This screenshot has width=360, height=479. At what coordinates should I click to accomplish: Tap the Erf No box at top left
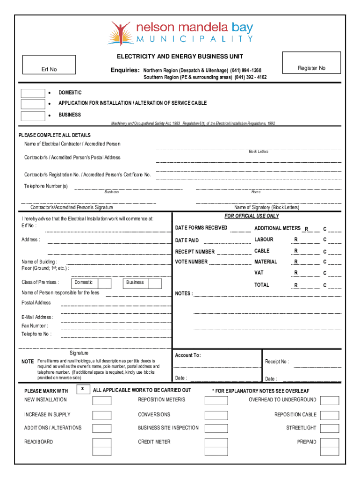49,65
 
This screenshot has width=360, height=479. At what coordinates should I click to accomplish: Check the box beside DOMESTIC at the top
33,93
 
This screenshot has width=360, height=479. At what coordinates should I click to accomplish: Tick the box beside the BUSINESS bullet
33,116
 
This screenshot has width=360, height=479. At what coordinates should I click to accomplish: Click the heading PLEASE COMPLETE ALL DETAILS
55,135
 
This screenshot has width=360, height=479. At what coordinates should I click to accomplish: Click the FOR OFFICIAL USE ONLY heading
252,216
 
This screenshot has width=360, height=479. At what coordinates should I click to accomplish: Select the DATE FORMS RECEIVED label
201,228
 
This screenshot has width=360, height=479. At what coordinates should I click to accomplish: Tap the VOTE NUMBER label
191,262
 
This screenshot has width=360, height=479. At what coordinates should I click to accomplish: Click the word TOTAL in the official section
262,284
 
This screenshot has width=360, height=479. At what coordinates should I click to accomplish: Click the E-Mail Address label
37,317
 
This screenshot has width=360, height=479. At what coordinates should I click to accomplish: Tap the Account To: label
188,355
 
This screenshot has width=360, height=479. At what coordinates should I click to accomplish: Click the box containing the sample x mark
83,389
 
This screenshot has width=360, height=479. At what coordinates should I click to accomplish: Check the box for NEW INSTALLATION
102,400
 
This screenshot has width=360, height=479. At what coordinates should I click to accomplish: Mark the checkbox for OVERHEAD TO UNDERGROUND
330,400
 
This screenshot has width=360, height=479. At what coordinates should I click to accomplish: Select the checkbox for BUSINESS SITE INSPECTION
216,428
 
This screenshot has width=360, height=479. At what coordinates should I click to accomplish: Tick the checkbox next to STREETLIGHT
330,428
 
